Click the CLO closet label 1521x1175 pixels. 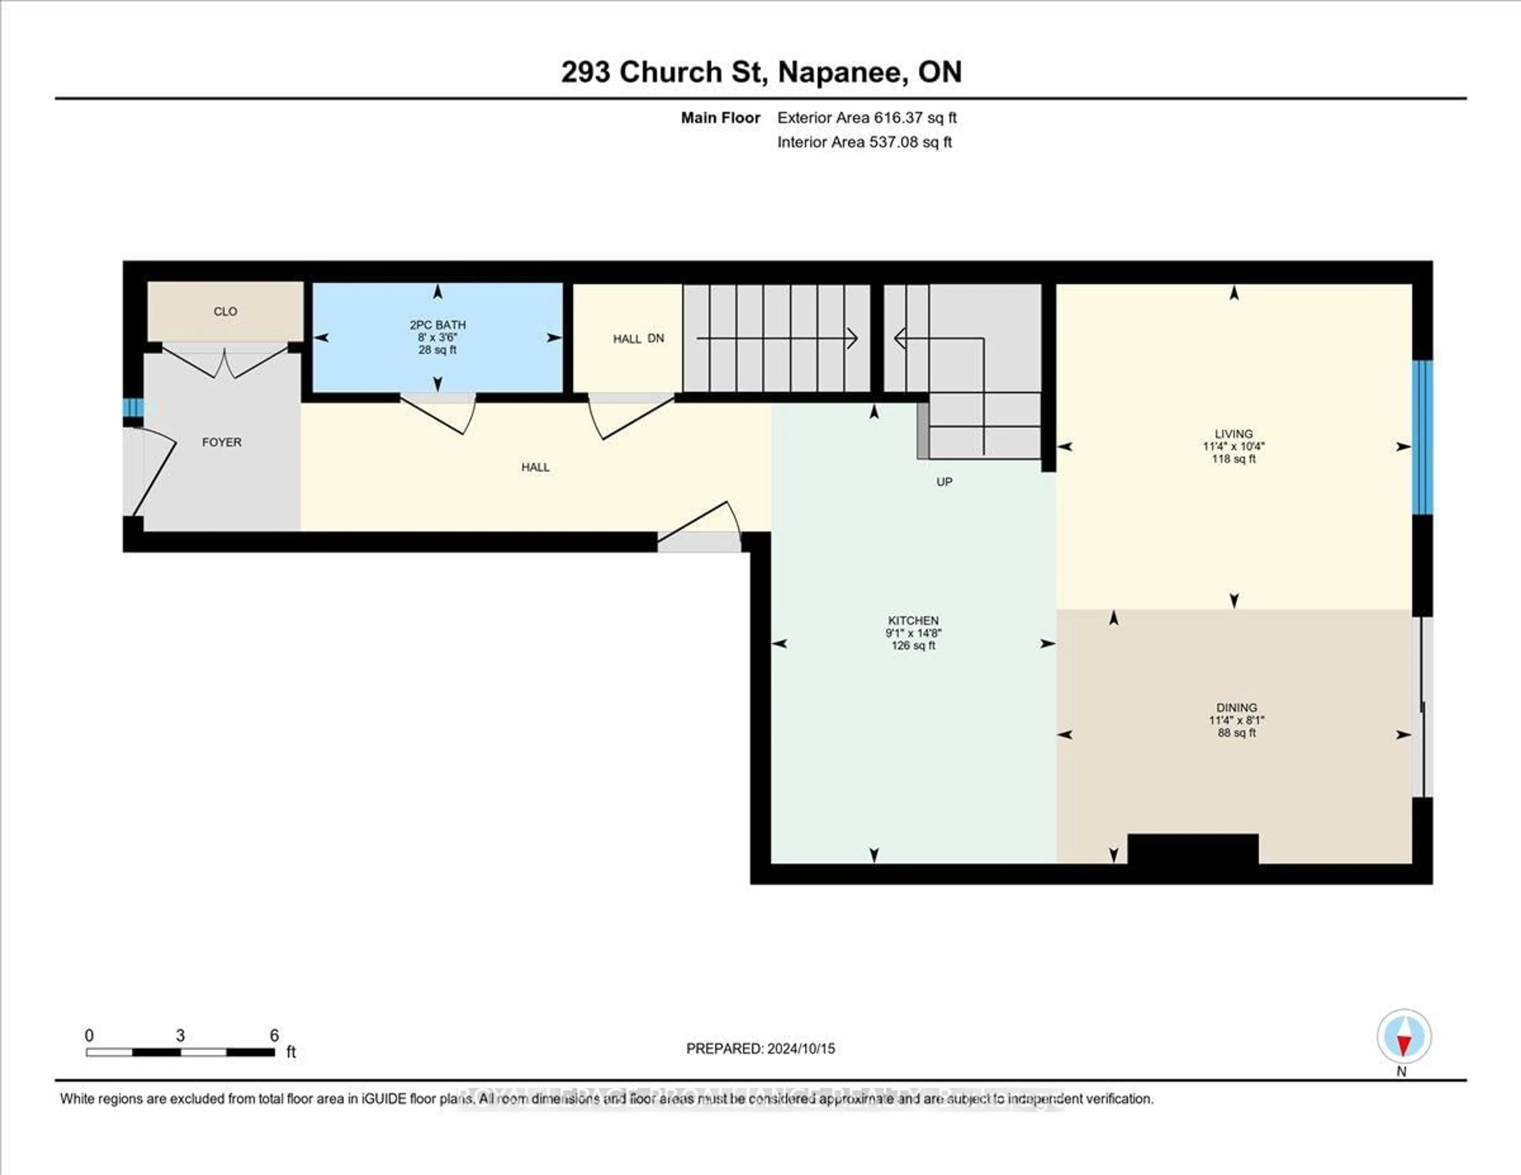[x=225, y=311]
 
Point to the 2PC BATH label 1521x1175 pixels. [x=437, y=324]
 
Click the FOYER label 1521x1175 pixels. [x=221, y=442]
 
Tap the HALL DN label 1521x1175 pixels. [x=638, y=338]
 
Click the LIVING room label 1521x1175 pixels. [x=1233, y=433]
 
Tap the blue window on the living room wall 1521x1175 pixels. [x=1422, y=437]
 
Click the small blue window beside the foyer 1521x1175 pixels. [x=132, y=408]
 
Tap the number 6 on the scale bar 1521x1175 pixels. [x=274, y=1035]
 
